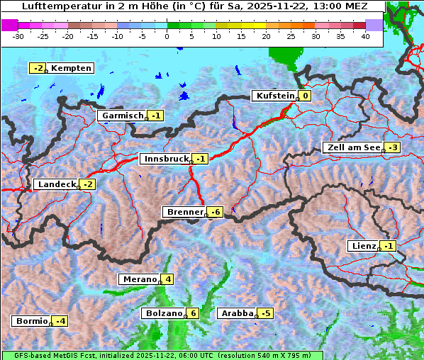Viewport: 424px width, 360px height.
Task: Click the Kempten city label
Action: [72, 68]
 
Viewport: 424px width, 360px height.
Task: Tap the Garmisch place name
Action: [123, 116]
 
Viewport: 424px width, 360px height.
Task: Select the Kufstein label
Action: [274, 96]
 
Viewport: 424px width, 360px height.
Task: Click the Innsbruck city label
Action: [166, 159]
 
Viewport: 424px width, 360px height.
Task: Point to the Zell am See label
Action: [352, 147]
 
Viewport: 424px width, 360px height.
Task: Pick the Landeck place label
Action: [56, 184]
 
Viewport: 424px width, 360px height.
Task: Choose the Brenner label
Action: [184, 212]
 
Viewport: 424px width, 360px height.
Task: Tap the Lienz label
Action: [363, 246]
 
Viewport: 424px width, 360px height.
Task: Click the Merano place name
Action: [139, 279]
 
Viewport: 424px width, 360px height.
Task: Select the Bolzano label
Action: [164, 313]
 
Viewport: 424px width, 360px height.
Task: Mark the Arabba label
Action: [237, 313]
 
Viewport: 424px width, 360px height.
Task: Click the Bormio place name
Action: [31, 321]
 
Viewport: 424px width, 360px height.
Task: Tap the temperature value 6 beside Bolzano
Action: [193, 313]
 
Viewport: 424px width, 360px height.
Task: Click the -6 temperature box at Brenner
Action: [216, 212]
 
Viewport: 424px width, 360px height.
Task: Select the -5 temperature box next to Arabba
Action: [266, 313]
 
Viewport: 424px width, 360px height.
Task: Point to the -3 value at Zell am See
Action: [393, 147]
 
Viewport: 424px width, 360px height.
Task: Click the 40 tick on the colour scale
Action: [365, 36]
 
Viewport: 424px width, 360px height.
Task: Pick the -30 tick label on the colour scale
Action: [18, 36]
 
